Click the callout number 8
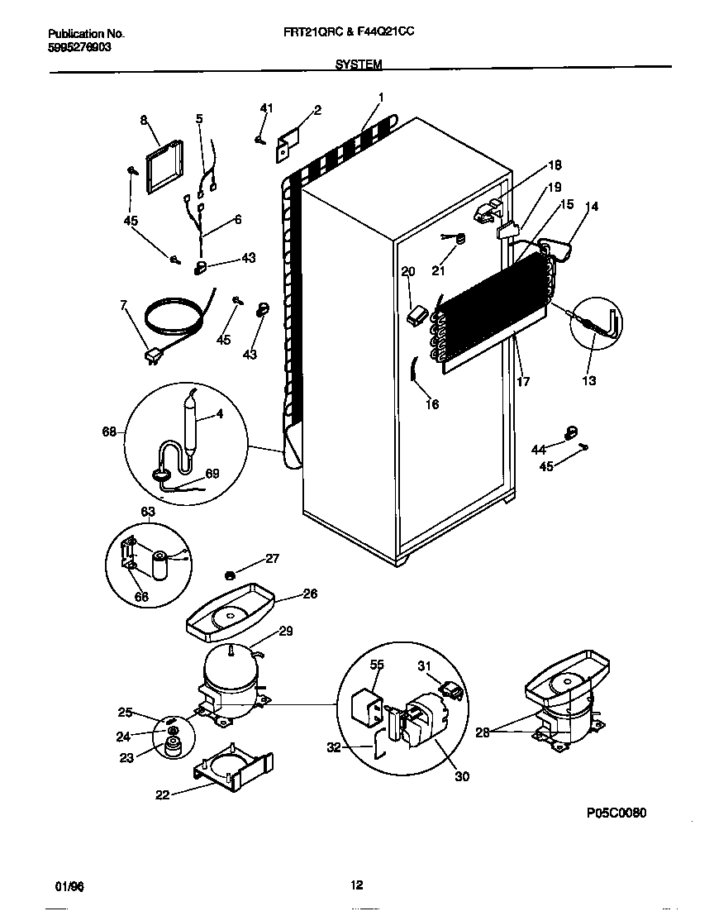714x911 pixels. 143,121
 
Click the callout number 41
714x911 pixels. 265,108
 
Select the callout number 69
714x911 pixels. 212,474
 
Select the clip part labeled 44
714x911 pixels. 568,432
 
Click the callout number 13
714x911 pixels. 589,381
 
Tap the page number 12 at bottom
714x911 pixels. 356,885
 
